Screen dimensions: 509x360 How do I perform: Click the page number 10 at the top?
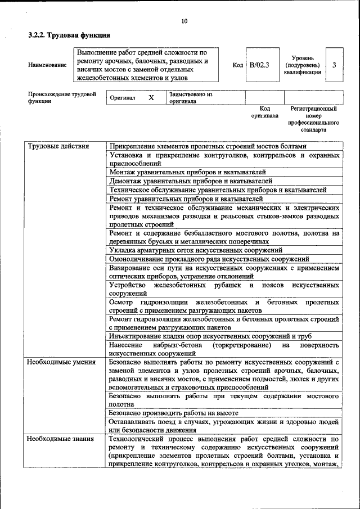point(184,21)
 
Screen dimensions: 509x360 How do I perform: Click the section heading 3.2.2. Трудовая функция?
point(61,35)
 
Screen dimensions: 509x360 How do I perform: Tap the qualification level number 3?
point(334,65)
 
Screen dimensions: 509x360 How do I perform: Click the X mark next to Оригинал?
point(151,98)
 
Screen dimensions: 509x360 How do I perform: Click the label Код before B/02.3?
point(237,65)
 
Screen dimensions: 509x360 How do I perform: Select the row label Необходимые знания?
point(61,438)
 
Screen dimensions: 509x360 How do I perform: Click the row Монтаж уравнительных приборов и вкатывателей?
point(188,172)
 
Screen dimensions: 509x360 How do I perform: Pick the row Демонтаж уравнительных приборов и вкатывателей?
point(191,181)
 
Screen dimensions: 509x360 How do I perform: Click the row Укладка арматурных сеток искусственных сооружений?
point(196,250)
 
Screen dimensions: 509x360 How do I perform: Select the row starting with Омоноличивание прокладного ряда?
point(209,259)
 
